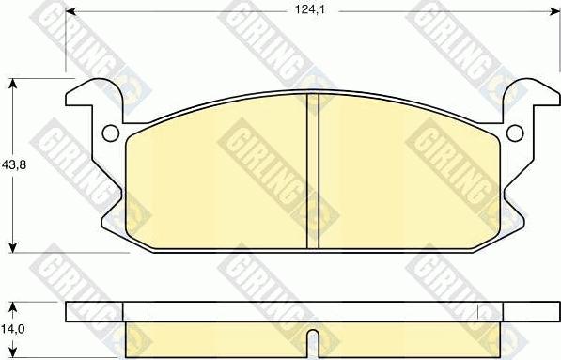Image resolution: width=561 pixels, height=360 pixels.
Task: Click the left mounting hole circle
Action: pos(108,133)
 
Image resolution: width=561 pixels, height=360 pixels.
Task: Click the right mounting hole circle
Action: pos(514,133)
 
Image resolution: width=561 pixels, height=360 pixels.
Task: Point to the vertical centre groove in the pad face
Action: pos(313,172)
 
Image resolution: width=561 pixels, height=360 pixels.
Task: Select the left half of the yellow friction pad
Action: pos(216,179)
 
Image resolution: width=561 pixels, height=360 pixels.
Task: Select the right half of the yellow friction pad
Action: pos(409,179)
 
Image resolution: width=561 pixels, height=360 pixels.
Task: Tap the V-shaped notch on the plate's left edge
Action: pos(111,197)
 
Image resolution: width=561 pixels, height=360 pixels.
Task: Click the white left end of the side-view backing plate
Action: pos(94,311)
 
